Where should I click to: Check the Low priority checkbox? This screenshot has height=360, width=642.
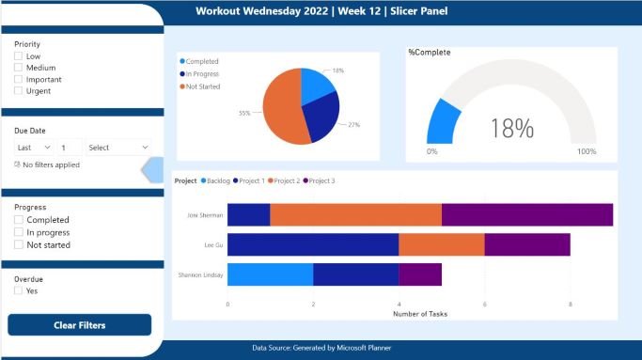tap(19, 56)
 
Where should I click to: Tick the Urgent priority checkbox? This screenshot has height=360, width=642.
tap(19, 91)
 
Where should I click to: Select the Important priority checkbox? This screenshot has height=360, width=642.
tap(19, 80)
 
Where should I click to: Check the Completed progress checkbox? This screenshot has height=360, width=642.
tap(19, 220)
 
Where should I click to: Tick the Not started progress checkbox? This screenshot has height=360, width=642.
tap(19, 244)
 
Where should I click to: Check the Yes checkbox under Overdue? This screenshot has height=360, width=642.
tap(19, 291)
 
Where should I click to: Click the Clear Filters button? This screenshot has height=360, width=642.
tap(79, 325)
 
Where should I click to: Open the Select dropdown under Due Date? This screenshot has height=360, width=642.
tap(117, 148)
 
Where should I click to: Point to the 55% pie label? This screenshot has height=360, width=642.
tap(244, 114)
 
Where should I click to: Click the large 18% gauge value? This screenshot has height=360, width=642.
tap(510, 128)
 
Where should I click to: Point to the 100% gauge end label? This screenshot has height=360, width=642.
tap(586, 151)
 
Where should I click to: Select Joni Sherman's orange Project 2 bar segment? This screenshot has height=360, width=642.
tap(355, 215)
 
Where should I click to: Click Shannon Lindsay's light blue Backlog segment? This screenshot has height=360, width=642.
tap(270, 274)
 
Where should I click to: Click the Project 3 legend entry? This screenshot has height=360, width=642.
tap(321, 180)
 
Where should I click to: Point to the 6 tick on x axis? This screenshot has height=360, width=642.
tap(485, 304)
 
